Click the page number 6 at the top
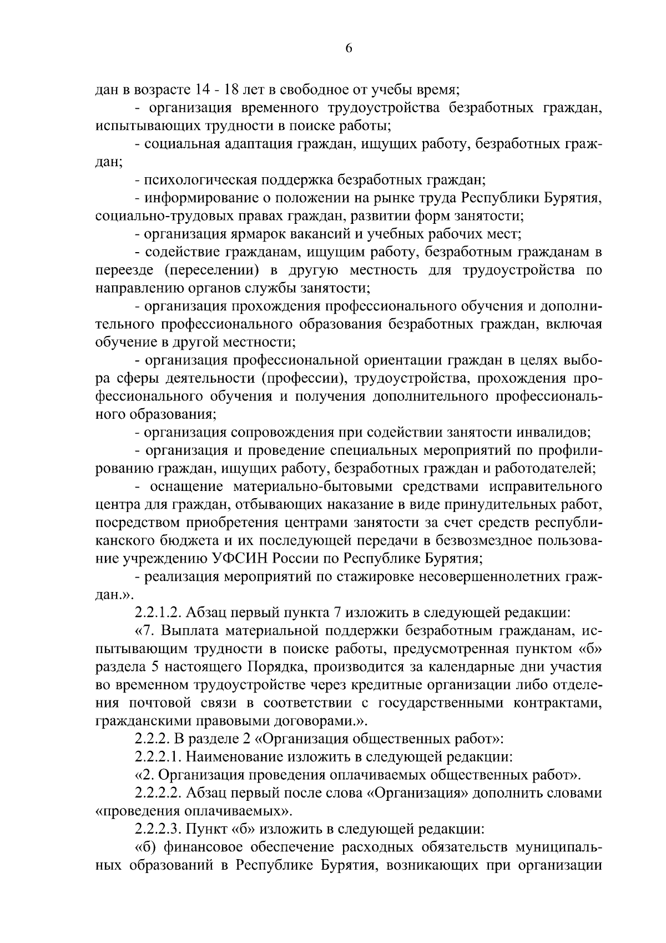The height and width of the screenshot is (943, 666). click(349, 49)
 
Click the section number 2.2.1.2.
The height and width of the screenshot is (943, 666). click(158, 613)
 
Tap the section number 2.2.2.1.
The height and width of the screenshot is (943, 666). click(158, 756)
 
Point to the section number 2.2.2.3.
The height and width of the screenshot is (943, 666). click(158, 829)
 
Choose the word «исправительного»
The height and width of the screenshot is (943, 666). click(547, 487)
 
